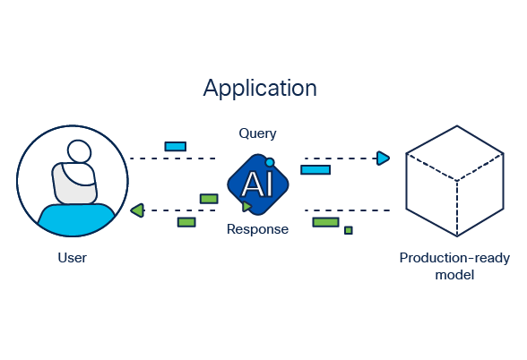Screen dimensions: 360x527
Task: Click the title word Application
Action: click(x=259, y=88)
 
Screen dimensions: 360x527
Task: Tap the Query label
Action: click(x=257, y=133)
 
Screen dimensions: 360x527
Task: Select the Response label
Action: click(x=257, y=229)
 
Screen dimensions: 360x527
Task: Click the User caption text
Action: click(x=72, y=258)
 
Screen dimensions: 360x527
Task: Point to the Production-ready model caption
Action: click(x=454, y=266)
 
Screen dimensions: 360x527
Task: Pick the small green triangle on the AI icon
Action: click(x=246, y=207)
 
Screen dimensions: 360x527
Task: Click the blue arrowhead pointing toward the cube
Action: click(x=383, y=159)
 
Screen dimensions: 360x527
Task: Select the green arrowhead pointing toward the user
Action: click(x=136, y=210)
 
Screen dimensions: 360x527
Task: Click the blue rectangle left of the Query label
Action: click(x=175, y=146)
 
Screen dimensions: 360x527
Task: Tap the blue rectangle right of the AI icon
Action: click(x=315, y=169)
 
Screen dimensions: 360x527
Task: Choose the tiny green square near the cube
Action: click(x=349, y=230)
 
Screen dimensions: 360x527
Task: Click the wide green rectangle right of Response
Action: click(x=325, y=221)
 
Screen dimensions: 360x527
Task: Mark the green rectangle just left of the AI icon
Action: click(x=209, y=198)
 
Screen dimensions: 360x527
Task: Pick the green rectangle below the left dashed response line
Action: click(x=186, y=221)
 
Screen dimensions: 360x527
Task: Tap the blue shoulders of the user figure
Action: click(x=75, y=215)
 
